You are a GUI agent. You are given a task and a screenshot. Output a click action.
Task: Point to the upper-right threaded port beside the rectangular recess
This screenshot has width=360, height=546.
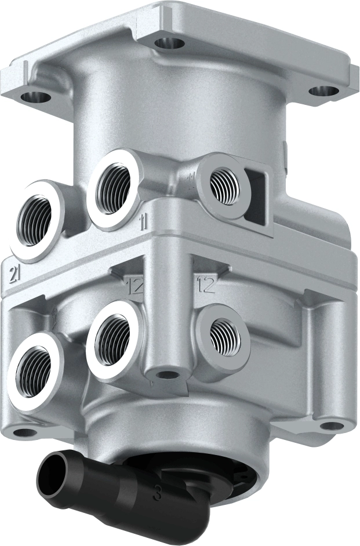point(224,184)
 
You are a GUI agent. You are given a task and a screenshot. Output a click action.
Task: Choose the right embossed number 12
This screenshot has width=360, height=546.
point(206,284)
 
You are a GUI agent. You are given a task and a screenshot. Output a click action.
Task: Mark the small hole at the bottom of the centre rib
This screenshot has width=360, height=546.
point(167,374)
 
